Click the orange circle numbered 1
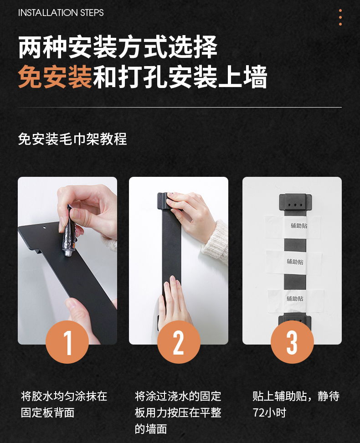click(x=67, y=342)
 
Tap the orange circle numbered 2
click(x=179, y=342)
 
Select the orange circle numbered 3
click(x=292, y=342)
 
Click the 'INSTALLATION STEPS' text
click(x=61, y=13)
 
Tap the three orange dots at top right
click(x=340, y=17)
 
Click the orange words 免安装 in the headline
click(x=55, y=77)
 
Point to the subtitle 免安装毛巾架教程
click(x=72, y=139)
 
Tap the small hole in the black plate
click(x=44, y=227)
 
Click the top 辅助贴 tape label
click(x=299, y=226)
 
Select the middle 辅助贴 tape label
click(x=295, y=262)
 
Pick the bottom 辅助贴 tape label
click(x=295, y=299)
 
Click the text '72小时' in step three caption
click(x=269, y=413)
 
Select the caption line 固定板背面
click(x=47, y=413)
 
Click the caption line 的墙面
click(x=151, y=429)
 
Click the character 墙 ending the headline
click(x=255, y=77)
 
